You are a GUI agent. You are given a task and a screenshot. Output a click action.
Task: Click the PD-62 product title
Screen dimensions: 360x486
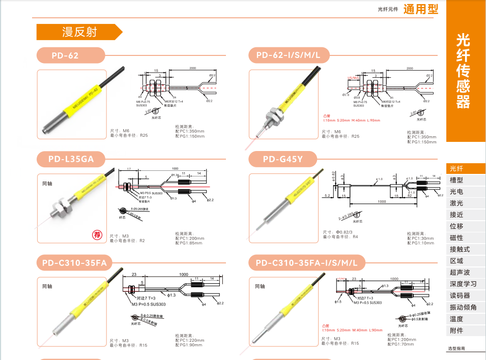[65, 55]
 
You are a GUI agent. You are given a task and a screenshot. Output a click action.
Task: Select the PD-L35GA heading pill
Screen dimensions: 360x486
[71, 159]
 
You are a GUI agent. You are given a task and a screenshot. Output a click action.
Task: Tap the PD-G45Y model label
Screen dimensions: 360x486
[282, 159]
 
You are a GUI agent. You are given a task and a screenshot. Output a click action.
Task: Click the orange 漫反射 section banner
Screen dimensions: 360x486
[79, 32]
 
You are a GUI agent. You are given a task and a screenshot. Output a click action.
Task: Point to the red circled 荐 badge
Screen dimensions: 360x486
[97, 234]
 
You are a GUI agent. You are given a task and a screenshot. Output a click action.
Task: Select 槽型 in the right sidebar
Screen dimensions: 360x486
[456, 180]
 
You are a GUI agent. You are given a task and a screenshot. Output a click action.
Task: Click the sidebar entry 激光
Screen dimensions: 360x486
[456, 203]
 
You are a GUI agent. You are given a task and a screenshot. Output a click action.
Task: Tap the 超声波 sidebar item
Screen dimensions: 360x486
[460, 273]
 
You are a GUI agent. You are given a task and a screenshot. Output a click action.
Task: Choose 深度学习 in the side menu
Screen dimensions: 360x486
[463, 284]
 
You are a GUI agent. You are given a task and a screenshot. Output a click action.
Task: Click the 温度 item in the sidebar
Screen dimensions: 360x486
[456, 319]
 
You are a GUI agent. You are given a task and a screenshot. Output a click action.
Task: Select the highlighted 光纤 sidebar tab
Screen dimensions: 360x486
[456, 169]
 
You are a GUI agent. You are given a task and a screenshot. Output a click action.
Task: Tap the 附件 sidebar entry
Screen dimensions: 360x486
[456, 331]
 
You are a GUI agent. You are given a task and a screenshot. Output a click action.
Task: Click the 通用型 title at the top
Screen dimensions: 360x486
[420, 9]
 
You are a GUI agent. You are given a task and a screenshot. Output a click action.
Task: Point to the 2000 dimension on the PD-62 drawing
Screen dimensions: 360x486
[192, 68]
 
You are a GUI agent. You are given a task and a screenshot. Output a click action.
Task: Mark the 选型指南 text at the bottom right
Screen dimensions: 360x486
[456, 349]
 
